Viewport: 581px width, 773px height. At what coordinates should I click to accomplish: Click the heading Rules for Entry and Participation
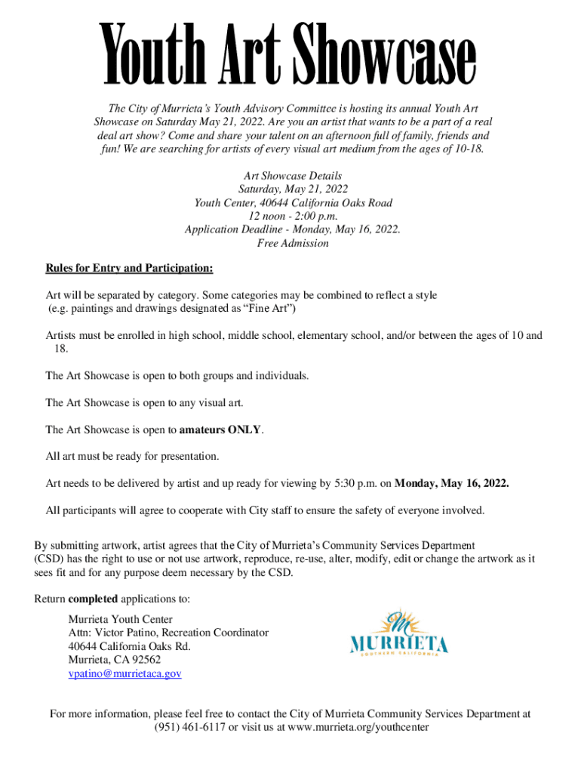pyautogui.click(x=129, y=268)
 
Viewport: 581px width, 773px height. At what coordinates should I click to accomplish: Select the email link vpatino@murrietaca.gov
pyautogui.click(x=124, y=673)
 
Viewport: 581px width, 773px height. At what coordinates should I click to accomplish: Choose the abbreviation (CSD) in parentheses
pyautogui.click(x=49, y=559)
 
